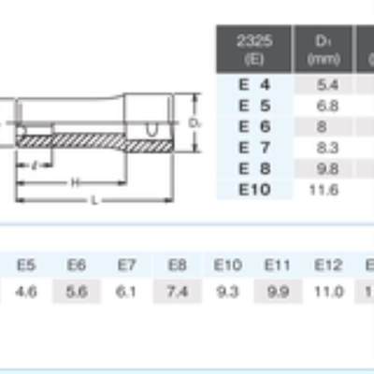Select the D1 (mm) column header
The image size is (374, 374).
coord(323,50)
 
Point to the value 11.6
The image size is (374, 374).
coord(323,190)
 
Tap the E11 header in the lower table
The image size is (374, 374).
coord(278,266)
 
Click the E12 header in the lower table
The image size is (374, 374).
coord(328,266)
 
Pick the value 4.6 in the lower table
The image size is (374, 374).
coord(26,292)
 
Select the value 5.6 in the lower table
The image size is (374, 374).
coord(77,292)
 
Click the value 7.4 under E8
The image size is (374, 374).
coord(177,292)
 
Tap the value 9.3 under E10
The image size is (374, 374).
coord(227,292)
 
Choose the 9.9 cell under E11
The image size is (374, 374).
coord(278,292)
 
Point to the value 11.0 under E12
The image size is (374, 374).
coord(328,292)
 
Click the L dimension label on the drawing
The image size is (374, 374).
coord(93,201)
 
